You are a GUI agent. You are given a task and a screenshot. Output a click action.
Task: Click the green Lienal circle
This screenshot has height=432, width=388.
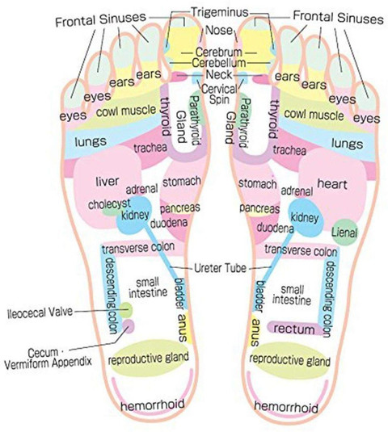(x=344, y=233)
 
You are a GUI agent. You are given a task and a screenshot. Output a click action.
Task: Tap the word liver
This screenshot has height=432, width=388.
(x=108, y=182)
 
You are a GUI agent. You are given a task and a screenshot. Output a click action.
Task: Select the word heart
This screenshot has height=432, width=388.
(x=332, y=183)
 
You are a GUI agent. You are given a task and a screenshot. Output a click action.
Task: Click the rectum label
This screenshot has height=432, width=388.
(x=293, y=329)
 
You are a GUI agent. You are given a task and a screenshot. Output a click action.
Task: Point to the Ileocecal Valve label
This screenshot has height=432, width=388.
(x=40, y=312)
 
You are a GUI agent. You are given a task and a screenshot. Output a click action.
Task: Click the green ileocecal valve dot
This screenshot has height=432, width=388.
(x=126, y=310)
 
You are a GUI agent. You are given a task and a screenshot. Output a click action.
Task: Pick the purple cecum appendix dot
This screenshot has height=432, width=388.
(x=129, y=326)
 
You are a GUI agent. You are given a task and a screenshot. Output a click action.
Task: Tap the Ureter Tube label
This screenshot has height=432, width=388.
(x=220, y=268)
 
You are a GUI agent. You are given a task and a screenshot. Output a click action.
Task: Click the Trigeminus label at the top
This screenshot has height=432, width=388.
(x=220, y=12)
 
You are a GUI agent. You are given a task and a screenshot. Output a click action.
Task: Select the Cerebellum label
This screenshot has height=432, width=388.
(x=219, y=63)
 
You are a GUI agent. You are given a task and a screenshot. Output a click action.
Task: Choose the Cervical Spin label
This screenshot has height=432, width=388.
(x=219, y=94)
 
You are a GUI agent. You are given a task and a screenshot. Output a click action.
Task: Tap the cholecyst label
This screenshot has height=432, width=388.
(x=109, y=204)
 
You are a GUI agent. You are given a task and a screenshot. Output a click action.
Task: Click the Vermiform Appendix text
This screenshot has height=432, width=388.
(x=48, y=363)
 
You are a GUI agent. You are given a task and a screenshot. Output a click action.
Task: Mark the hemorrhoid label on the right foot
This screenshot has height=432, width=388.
(x=286, y=407)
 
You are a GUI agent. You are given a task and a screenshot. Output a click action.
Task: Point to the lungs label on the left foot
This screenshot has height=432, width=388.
(x=91, y=141)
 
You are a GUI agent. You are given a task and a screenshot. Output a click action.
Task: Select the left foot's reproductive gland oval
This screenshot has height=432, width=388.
(x=150, y=358)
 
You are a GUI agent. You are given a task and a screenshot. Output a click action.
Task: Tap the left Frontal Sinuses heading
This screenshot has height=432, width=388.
(x=100, y=19)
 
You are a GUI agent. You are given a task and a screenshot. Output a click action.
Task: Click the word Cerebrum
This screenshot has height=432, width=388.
(x=219, y=52)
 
